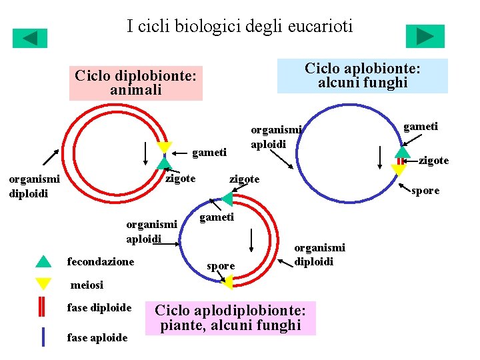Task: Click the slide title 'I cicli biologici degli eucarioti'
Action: [x=239, y=27]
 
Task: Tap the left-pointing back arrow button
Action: [x=30, y=38]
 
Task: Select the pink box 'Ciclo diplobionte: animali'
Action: [x=136, y=83]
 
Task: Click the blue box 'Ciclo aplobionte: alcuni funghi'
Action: [x=363, y=75]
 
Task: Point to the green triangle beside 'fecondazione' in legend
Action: [x=43, y=261]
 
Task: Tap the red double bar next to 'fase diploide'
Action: [x=42, y=308]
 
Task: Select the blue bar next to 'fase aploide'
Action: [x=43, y=337]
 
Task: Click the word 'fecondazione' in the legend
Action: [x=101, y=262]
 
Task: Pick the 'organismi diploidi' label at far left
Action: [x=34, y=186]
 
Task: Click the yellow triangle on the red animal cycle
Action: [x=163, y=148]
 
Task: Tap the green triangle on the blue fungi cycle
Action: [x=401, y=151]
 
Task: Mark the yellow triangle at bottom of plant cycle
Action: [x=227, y=283]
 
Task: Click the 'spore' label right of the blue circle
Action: [x=426, y=191]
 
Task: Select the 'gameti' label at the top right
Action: [x=421, y=126]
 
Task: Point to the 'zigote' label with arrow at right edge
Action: [x=433, y=160]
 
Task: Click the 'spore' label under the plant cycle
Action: [x=221, y=266]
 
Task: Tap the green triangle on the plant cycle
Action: [x=227, y=199]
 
